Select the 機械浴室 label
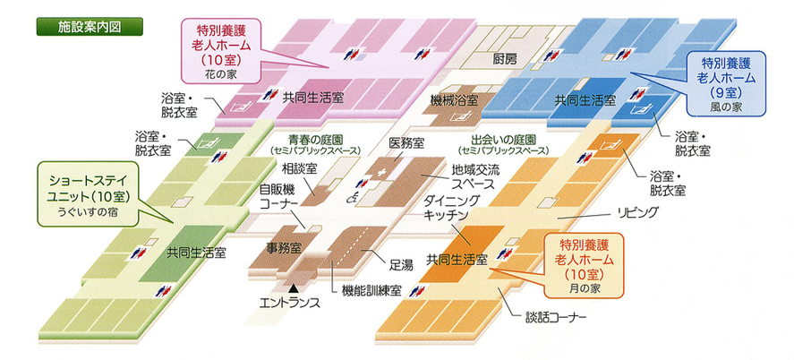(454, 99)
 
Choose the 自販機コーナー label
(284, 196)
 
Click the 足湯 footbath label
(401, 265)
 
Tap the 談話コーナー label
(556, 318)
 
